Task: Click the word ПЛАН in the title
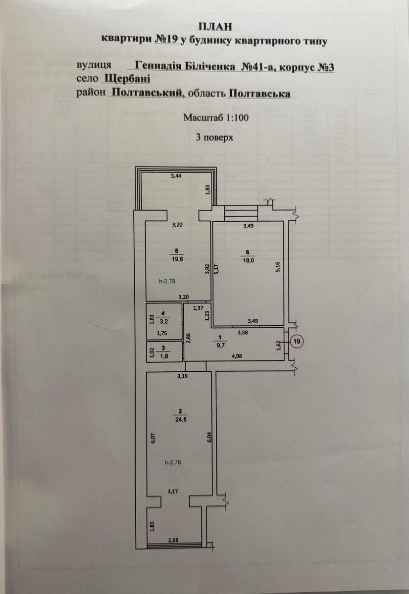point(215,27)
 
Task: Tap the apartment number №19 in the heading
point(166,40)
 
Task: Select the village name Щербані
point(128,79)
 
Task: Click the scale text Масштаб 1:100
point(216,117)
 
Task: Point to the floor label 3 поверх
point(214,138)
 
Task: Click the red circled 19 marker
point(297,341)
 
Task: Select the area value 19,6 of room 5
point(178,259)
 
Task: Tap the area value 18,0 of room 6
point(249,260)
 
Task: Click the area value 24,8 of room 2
point(180,420)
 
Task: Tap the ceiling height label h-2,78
point(167,281)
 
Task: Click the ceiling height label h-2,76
point(173,462)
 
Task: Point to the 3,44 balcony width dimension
point(176,176)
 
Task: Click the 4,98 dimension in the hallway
point(237,356)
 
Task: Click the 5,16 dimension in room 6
point(278,267)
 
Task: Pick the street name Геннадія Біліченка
point(185,66)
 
